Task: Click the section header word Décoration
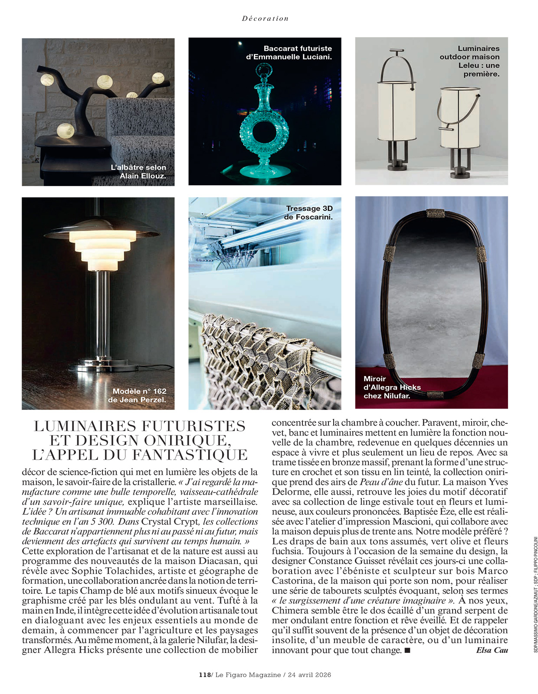pos(265,19)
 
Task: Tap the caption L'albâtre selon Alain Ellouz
pos(138,171)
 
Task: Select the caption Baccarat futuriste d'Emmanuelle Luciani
pos(289,52)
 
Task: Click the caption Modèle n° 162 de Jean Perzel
pos(137,395)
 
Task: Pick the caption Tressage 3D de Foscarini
pos(308,213)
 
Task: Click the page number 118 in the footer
pos(204,675)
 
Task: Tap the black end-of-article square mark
pos(407,650)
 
